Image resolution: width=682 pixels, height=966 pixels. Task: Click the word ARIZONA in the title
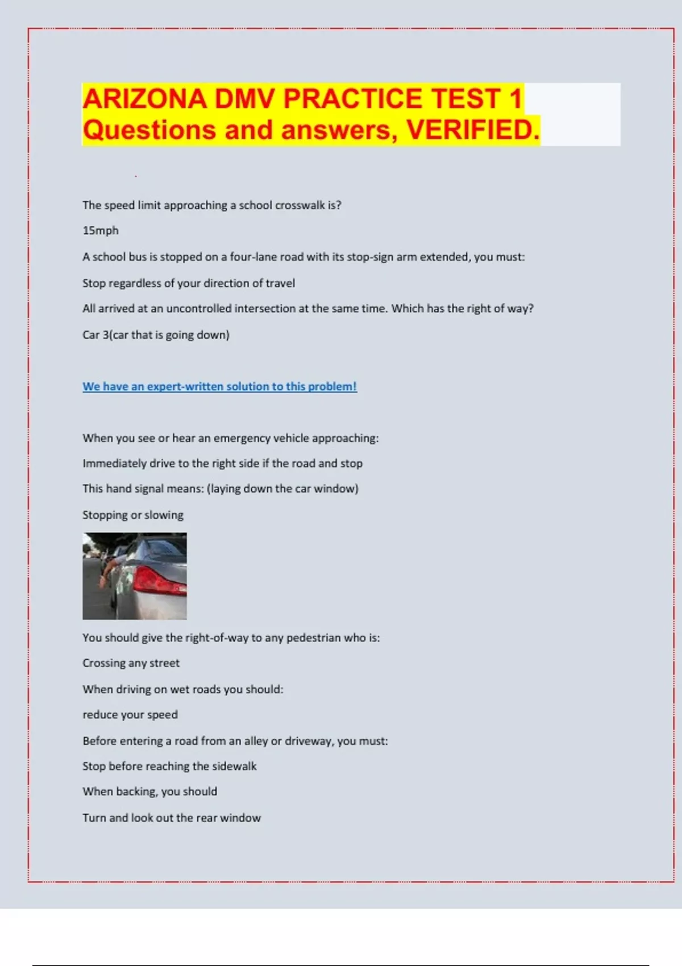click(x=144, y=99)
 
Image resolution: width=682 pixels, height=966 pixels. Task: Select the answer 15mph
click(x=101, y=231)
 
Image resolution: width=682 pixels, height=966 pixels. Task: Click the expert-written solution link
click(x=219, y=386)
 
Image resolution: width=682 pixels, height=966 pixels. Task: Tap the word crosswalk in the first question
click(x=300, y=205)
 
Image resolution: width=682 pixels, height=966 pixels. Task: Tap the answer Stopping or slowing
click(x=133, y=515)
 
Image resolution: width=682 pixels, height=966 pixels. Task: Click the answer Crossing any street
click(x=131, y=663)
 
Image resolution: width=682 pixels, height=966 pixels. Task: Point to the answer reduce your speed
click(x=130, y=715)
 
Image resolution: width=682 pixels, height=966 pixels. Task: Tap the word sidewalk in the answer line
click(x=234, y=766)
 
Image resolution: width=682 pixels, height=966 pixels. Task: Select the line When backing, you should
click(x=149, y=792)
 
